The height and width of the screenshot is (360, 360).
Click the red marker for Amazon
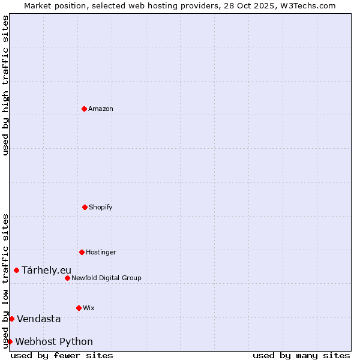click(84, 109)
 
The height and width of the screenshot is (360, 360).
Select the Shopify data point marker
click(85, 207)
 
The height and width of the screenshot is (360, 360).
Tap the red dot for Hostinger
click(82, 252)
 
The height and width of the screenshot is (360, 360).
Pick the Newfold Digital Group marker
click(67, 278)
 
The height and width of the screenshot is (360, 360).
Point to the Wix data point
click(79, 308)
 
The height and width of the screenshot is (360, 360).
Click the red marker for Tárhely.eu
click(16, 270)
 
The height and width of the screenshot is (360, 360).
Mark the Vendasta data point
click(11, 319)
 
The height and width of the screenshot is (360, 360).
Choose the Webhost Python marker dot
click(10, 341)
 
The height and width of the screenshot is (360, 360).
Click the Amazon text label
click(101, 109)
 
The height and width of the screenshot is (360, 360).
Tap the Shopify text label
click(101, 207)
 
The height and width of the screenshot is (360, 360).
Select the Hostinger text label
click(101, 252)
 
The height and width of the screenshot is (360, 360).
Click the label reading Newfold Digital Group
click(107, 278)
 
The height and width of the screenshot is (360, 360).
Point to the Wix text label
click(89, 308)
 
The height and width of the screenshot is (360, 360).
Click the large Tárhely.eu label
click(46, 270)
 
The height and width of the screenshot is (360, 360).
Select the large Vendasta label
click(38, 319)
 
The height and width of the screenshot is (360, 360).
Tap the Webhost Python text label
click(54, 341)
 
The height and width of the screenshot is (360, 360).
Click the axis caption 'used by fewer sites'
click(62, 355)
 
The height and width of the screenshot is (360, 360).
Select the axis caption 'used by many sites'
click(301, 355)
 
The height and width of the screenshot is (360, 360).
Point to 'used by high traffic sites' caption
click(5, 85)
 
